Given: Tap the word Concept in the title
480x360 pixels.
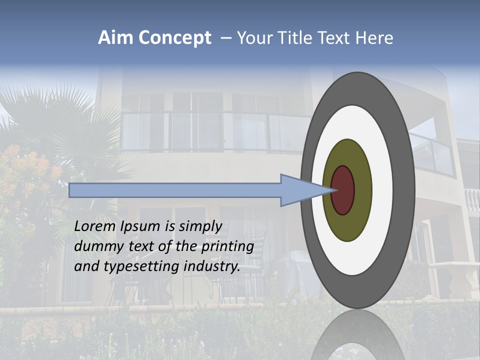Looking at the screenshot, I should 174,38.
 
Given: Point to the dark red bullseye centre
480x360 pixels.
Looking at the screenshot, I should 343,190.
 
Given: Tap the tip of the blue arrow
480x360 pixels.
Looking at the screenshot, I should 332,190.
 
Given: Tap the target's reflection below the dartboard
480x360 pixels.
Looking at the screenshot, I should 357,335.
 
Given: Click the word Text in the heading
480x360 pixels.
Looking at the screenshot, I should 337,38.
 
